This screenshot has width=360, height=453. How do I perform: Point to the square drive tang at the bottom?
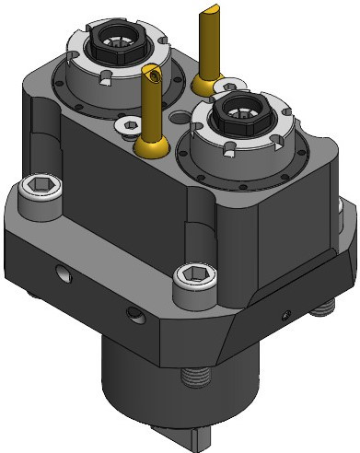pyautogui.click(x=203, y=438)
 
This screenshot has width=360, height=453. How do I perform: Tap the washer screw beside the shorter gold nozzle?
pyautogui.click(x=121, y=122)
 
